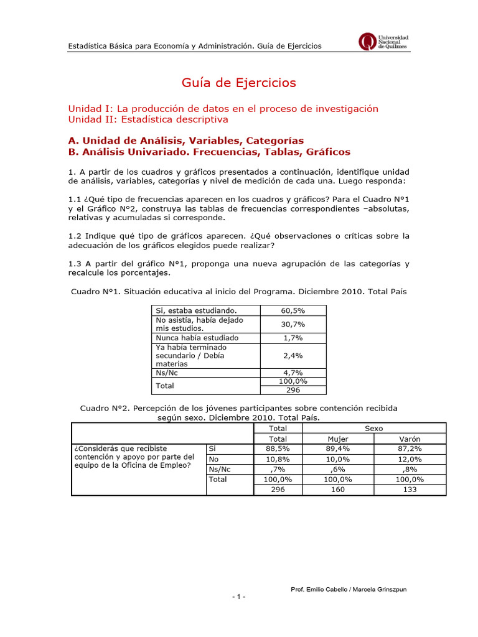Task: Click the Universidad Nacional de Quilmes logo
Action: [384, 42]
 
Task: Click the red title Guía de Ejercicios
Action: [239, 83]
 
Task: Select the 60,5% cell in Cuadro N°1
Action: [293, 310]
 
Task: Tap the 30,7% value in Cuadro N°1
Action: [293, 324]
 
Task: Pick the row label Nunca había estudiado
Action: [189, 338]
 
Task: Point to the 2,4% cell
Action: [293, 355]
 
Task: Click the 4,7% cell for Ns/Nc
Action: [293, 373]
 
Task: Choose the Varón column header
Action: [410, 439]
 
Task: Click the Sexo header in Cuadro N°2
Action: [374, 429]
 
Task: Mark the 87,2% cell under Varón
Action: [410, 449]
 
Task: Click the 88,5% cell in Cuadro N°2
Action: [278, 449]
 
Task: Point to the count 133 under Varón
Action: [410, 490]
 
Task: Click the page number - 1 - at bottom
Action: [239, 597]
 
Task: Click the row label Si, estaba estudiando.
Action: [197, 310]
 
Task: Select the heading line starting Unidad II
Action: [148, 119]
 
